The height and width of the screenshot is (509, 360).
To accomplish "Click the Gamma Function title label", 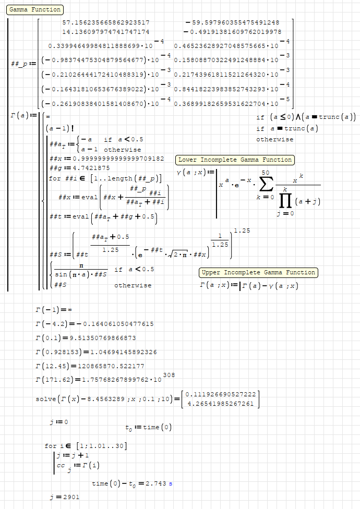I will pyautogui.click(x=35, y=9).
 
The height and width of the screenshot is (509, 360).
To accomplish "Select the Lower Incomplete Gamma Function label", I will pyautogui.click(x=235, y=160).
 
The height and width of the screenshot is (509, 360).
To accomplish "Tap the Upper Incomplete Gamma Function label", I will pyautogui.click(x=258, y=272).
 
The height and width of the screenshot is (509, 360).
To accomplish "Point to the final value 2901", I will pyautogui.click(x=71, y=497).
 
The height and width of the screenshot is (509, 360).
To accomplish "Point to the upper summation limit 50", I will pyautogui.click(x=266, y=172).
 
